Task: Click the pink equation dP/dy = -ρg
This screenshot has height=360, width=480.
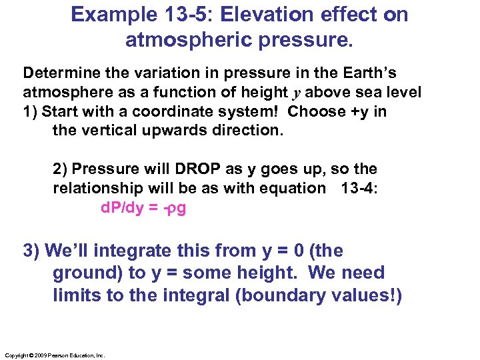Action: click(x=143, y=208)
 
